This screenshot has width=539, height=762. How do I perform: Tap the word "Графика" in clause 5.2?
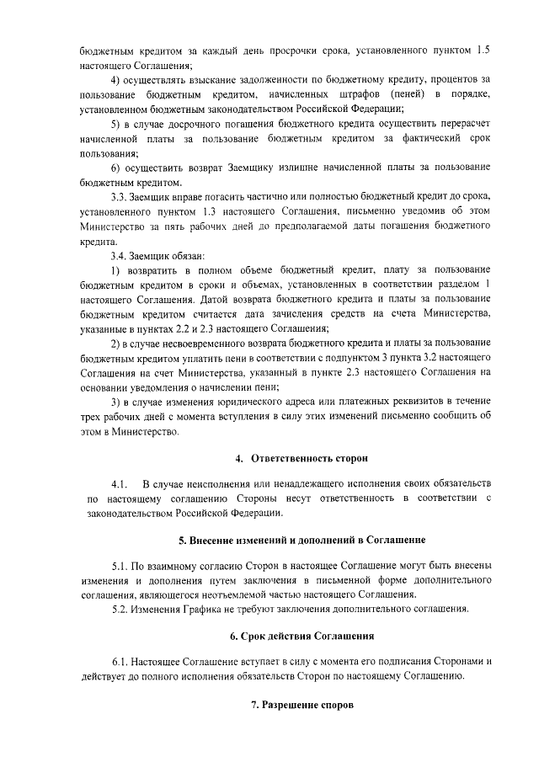point(197,609)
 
